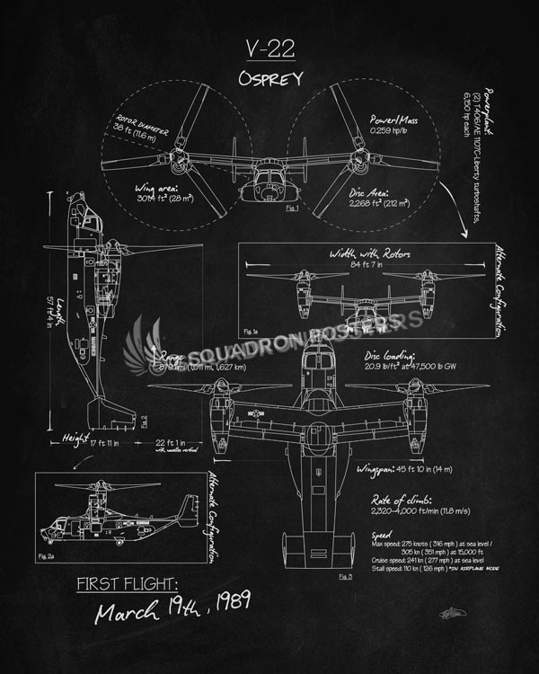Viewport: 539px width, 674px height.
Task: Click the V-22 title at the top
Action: [269, 49]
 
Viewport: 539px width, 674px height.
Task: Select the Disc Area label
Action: [374, 191]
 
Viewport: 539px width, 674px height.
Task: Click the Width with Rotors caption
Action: [370, 253]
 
